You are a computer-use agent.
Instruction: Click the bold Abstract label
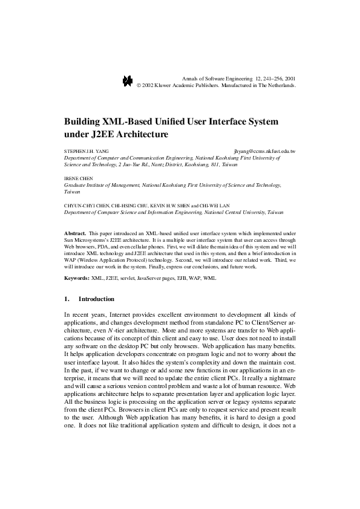click(75, 233)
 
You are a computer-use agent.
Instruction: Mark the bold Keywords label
click(77, 278)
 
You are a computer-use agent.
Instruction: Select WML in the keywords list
click(208, 278)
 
